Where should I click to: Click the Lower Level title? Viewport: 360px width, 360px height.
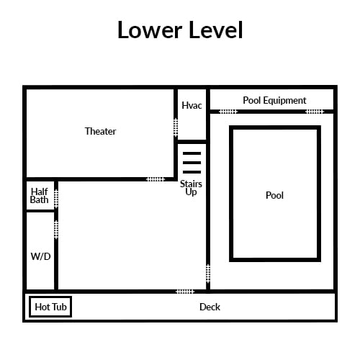[180, 30]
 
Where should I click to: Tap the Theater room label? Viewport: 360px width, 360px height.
[100, 131]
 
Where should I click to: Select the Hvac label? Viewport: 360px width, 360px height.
[192, 105]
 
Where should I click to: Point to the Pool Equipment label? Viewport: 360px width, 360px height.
[274, 100]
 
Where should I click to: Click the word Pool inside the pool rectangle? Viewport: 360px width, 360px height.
[274, 195]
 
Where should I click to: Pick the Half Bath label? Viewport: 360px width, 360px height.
[39, 196]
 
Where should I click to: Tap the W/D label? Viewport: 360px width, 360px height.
[40, 256]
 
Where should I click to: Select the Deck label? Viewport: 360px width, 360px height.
[210, 307]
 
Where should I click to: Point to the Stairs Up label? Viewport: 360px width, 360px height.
[191, 188]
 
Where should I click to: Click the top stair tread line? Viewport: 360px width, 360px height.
[192, 153]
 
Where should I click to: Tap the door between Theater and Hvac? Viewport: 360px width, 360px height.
[176, 127]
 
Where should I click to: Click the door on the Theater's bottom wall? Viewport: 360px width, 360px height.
[156, 179]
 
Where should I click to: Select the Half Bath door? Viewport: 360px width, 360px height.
[56, 199]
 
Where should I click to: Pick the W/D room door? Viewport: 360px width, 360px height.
[56, 230]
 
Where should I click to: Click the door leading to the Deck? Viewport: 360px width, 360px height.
[185, 292]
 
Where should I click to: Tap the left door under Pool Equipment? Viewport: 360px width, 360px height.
[228, 112]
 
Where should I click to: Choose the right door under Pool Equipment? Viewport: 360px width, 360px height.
[315, 112]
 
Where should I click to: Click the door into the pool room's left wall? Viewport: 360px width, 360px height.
[208, 274]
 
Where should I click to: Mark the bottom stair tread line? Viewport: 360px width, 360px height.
[192, 172]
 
